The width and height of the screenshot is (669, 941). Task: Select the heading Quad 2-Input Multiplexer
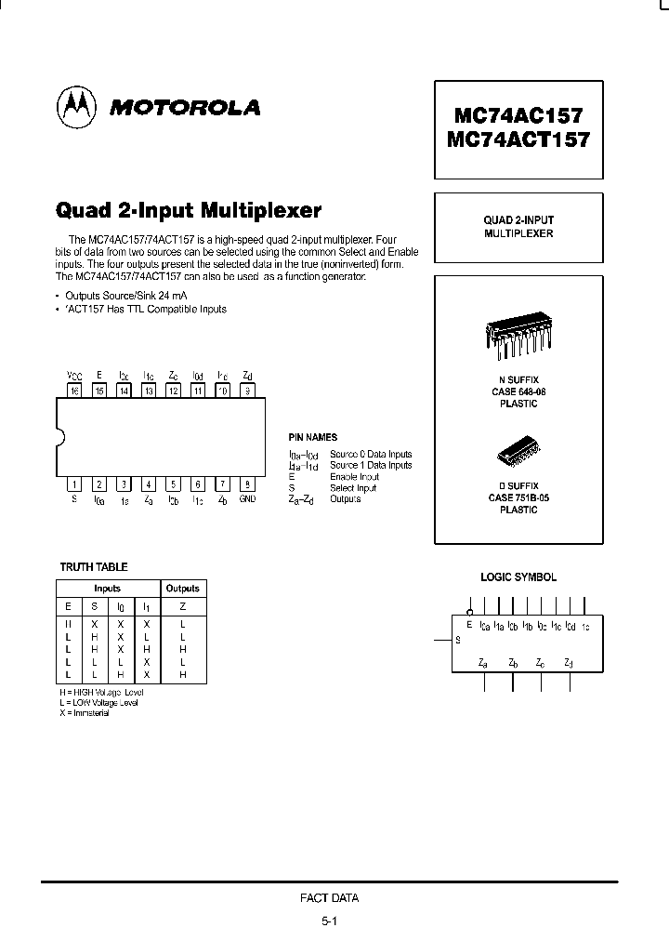(x=189, y=209)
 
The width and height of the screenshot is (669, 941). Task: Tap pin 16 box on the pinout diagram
(x=73, y=391)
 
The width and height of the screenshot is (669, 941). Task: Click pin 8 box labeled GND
(x=247, y=484)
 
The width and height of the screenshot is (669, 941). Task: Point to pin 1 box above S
(x=73, y=484)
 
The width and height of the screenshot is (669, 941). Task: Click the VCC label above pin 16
(x=73, y=376)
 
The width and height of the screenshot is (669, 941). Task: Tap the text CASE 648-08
(x=518, y=393)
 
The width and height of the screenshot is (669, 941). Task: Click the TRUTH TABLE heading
(x=94, y=567)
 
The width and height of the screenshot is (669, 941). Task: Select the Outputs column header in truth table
(x=182, y=589)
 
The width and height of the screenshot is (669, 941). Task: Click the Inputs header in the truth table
(x=107, y=589)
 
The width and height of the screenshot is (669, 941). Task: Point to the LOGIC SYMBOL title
(x=518, y=577)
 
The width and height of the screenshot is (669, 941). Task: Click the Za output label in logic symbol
(x=483, y=663)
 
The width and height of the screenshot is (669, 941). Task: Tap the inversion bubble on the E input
(x=469, y=613)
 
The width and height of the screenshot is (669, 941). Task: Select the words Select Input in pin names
(x=353, y=488)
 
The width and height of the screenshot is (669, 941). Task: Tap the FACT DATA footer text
(x=329, y=898)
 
